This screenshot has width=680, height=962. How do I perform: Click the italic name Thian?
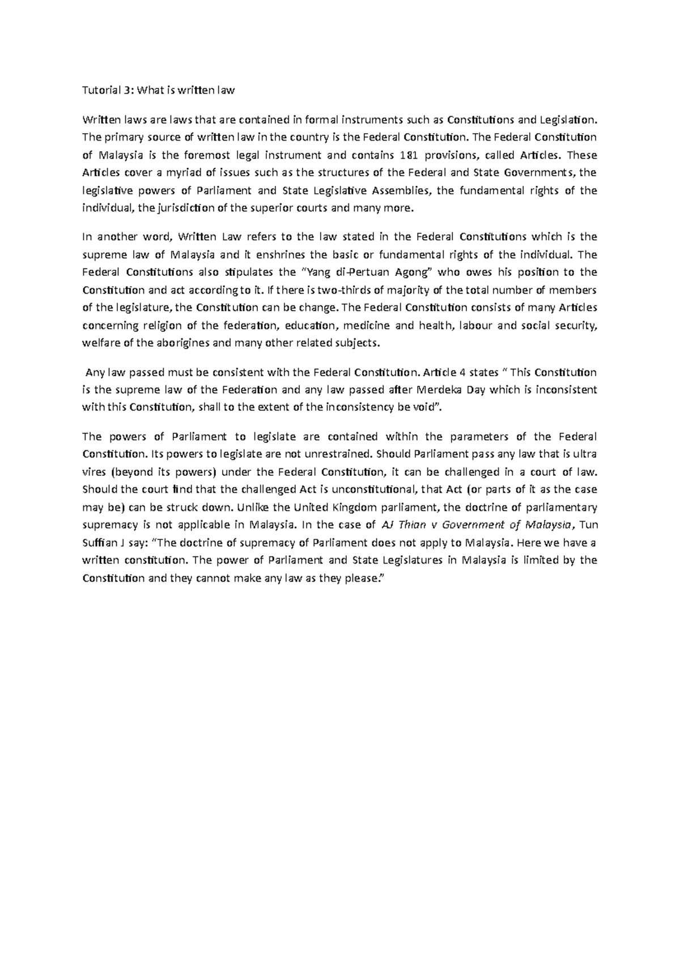pos(411,525)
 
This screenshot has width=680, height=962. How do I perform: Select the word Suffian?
pos(100,542)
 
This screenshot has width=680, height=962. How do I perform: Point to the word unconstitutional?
pos(371,489)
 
